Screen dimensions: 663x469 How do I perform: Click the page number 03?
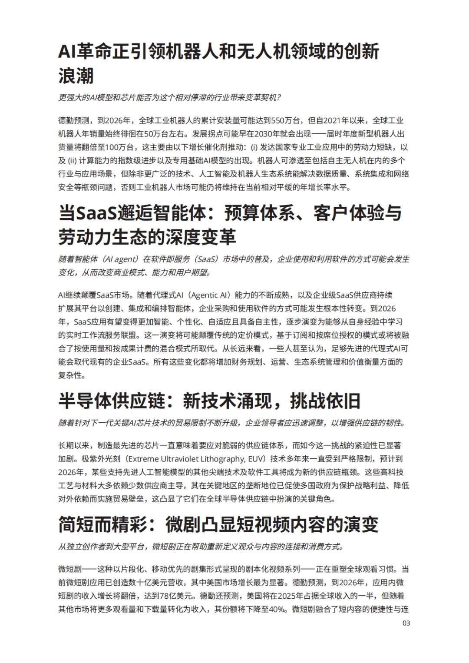pyautogui.click(x=406, y=623)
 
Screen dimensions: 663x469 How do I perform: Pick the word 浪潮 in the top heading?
pyautogui.click(x=76, y=76)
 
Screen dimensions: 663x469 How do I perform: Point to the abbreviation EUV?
pyautogui.click(x=257, y=459)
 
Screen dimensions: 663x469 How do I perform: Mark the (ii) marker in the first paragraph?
pyautogui.click(x=72, y=161)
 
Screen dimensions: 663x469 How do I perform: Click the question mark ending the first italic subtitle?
pyautogui.click(x=278, y=98)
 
